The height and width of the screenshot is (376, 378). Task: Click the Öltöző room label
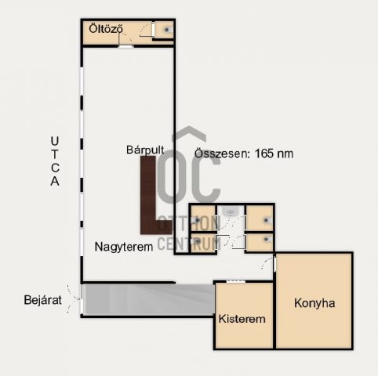tap(106, 29)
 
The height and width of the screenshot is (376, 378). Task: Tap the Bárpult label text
tap(145, 150)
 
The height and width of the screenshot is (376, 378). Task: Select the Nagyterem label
tap(124, 247)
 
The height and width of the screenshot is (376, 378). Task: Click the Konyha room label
tap(314, 303)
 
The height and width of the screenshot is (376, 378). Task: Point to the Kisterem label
tap(242, 319)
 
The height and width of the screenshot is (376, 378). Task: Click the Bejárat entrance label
tap(42, 300)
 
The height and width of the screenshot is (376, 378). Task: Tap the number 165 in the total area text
tap(264, 154)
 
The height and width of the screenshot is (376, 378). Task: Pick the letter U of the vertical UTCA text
tap(55, 141)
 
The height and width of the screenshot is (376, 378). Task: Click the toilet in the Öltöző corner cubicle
tap(167, 30)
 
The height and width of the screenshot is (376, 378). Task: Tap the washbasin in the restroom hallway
tap(231, 211)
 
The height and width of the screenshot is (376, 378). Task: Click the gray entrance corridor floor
tap(148, 299)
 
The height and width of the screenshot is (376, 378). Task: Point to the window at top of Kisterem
tap(236, 281)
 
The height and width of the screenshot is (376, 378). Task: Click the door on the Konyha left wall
tap(274, 265)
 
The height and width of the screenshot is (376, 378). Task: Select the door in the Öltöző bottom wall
tap(125, 46)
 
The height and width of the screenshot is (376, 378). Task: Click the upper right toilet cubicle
tap(260, 218)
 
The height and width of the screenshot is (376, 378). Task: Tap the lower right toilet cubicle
tap(260, 242)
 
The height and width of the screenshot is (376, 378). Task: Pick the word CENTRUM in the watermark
tap(189, 244)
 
